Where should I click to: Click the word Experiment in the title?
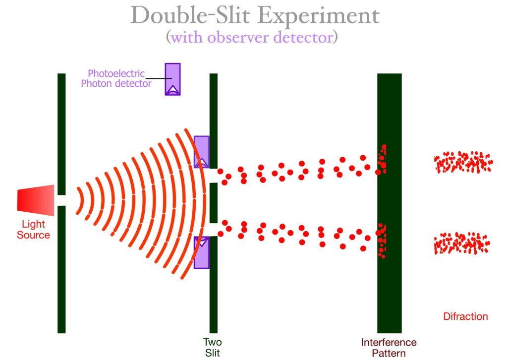coord(320,16)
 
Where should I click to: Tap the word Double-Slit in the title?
coord(193,16)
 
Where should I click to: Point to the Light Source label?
coord(34,230)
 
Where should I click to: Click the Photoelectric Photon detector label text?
coord(116,79)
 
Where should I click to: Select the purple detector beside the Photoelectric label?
coord(172,79)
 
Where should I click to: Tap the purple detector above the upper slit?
coord(201,151)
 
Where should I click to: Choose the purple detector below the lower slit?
coord(201,252)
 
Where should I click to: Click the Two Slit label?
coord(212,347)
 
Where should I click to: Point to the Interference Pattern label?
coord(389,348)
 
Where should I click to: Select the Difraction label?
coord(465,316)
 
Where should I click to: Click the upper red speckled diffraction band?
coord(463,162)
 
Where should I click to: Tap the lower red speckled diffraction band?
coord(462,243)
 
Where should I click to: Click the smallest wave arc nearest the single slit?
coord(79,201)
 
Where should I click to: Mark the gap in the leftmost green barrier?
coord(61,200)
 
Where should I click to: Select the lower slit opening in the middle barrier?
coord(213,230)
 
